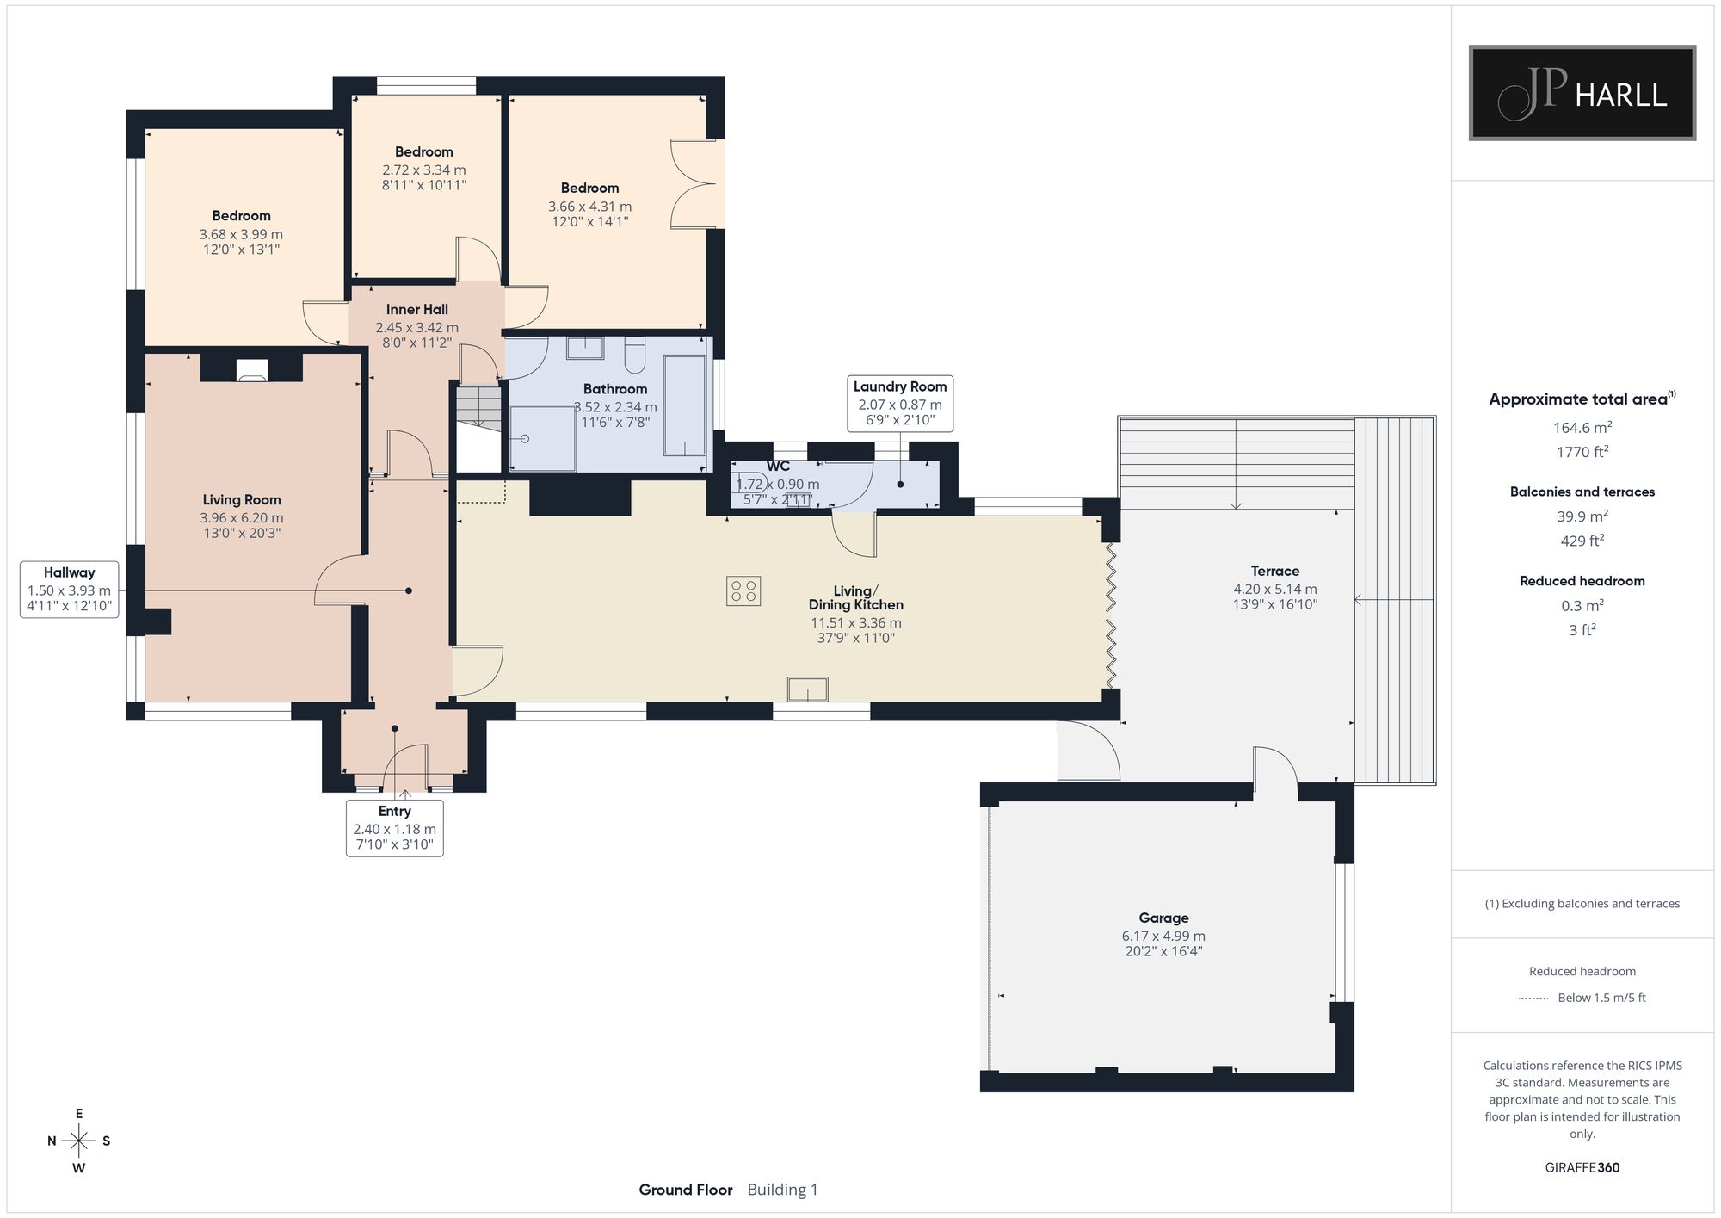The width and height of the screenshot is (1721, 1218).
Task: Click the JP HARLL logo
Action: pyautogui.click(x=1582, y=93)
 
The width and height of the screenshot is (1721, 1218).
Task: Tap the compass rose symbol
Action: pyautogui.click(x=79, y=1141)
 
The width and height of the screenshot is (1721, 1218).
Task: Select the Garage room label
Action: pyautogui.click(x=1163, y=918)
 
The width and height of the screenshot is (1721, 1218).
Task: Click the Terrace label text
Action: pyautogui.click(x=1274, y=571)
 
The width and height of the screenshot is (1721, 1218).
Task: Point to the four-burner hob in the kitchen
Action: pyautogui.click(x=743, y=590)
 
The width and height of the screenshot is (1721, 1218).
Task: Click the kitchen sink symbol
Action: pyautogui.click(x=808, y=689)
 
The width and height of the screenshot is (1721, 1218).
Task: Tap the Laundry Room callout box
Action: pyautogui.click(x=900, y=404)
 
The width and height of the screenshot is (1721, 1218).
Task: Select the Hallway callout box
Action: pyautogui.click(x=70, y=590)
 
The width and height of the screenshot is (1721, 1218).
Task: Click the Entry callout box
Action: pyautogui.click(x=395, y=828)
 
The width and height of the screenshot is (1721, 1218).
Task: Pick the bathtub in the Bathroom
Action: pyautogui.click(x=685, y=405)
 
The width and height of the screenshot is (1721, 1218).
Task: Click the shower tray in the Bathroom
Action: pyautogui.click(x=543, y=438)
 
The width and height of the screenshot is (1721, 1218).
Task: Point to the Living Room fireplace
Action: pyautogui.click(x=252, y=368)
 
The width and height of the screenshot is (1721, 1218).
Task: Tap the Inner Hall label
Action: pyautogui.click(x=417, y=310)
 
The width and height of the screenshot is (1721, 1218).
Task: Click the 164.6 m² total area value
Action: pyautogui.click(x=1582, y=427)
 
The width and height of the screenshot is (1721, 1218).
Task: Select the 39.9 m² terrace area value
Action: pyautogui.click(x=1582, y=516)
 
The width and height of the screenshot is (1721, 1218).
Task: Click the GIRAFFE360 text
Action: pyautogui.click(x=1582, y=1168)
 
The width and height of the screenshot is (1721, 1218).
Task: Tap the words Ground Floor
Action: pyautogui.click(x=686, y=1190)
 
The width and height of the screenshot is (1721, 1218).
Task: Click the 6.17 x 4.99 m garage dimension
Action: pyautogui.click(x=1163, y=936)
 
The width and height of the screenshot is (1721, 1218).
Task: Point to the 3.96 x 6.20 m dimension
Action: pyautogui.click(x=242, y=518)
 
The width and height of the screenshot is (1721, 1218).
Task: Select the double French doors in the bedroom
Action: pyautogui.click(x=694, y=183)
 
